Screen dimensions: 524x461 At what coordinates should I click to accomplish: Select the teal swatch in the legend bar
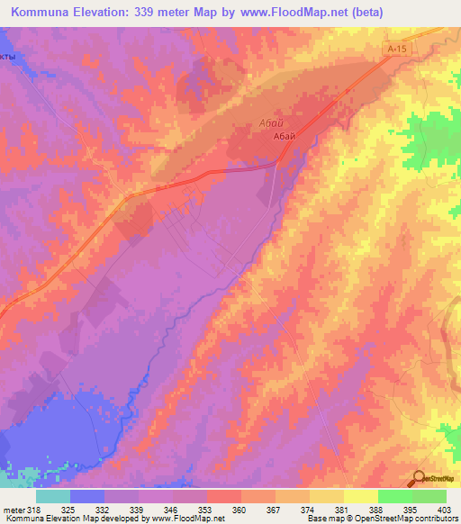[53, 495]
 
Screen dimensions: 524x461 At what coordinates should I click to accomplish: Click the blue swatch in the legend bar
[87, 495]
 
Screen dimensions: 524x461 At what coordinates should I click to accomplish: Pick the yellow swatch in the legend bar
[361, 495]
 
